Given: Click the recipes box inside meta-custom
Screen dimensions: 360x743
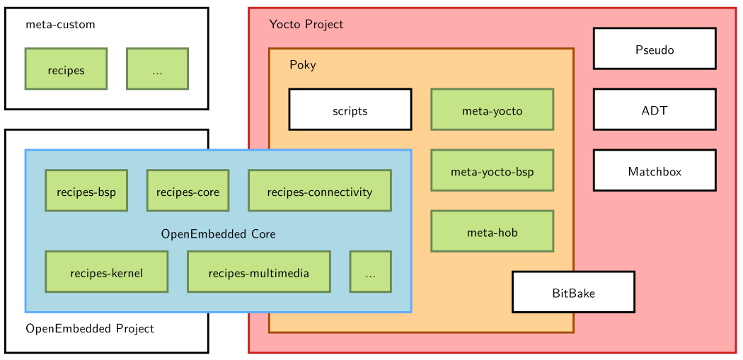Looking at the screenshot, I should [x=66, y=69].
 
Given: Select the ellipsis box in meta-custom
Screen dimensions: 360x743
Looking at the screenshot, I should [x=157, y=69].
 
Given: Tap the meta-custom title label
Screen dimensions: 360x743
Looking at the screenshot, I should [x=60, y=25].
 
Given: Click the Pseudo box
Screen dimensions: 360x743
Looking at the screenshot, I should [x=655, y=49].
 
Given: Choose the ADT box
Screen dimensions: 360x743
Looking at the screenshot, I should [x=655, y=110].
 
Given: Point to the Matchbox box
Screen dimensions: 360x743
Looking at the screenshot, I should [x=655, y=171].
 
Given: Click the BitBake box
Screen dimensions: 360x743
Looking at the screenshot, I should [x=573, y=292].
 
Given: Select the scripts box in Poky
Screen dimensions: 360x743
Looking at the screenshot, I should [x=350, y=110].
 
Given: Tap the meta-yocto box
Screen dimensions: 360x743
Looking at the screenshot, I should [x=492, y=110].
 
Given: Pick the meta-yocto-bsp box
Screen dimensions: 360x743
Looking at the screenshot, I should [x=492, y=171].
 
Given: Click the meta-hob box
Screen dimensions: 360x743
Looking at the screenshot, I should [x=492, y=231].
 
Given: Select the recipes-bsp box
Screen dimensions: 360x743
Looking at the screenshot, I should [x=86, y=191].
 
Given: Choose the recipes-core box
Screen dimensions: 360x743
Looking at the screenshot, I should [x=188, y=191].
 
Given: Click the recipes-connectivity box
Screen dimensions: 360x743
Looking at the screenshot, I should [x=319, y=191].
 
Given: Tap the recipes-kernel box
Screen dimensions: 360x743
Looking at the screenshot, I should [x=106, y=272].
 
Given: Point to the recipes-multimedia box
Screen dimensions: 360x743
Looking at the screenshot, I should [x=258, y=272].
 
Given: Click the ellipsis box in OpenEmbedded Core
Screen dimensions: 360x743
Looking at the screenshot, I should [x=370, y=272].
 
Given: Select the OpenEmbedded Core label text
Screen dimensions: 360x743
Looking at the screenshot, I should [x=218, y=233].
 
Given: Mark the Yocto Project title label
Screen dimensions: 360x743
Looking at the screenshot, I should [x=306, y=25].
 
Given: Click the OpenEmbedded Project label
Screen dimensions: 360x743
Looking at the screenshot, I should [x=90, y=328].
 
